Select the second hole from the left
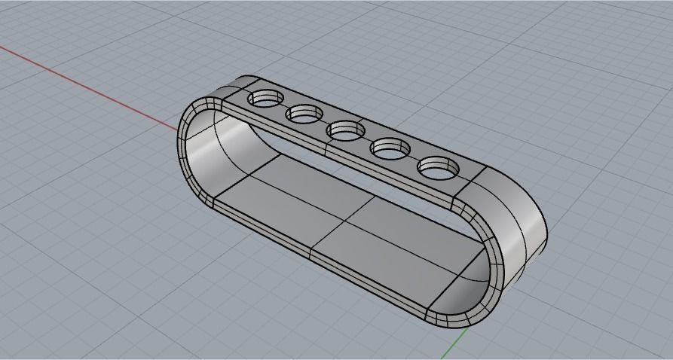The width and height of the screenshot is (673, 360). point(304,114)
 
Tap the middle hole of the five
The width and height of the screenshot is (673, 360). point(345,130)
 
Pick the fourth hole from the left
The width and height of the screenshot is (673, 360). point(390,148)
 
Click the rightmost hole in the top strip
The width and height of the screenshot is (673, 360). point(438,166)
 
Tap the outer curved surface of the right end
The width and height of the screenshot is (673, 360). point(520,218)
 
